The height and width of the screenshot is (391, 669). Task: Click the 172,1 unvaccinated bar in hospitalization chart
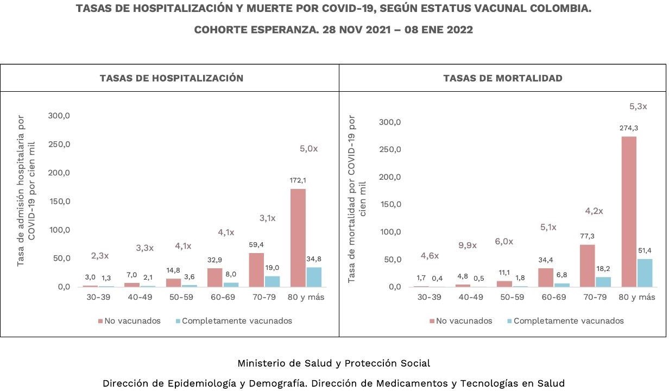pyautogui.click(x=298, y=237)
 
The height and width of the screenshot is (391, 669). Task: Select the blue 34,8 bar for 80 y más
pyautogui.click(x=314, y=277)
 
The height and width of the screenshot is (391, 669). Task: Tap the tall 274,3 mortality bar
pyautogui.click(x=628, y=211)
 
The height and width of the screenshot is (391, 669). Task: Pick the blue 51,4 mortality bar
pyautogui.click(x=645, y=273)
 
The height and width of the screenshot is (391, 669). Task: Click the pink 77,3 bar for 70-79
pyautogui.click(x=588, y=266)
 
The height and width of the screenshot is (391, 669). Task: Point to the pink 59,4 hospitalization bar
pyautogui.click(x=256, y=269)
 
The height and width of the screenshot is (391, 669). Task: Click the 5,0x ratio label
pyautogui.click(x=308, y=148)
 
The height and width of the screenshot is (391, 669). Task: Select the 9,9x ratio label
pyautogui.click(x=467, y=245)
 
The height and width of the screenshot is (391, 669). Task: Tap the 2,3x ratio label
pyautogui.click(x=99, y=255)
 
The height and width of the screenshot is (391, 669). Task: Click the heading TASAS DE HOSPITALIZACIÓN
pyautogui.click(x=171, y=78)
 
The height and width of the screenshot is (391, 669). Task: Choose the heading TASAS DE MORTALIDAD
pyautogui.click(x=503, y=78)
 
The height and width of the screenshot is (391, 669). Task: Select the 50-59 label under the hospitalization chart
pyautogui.click(x=182, y=297)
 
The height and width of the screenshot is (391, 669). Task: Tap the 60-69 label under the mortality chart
pyautogui.click(x=553, y=297)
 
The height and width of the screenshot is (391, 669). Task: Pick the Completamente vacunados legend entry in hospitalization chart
pyautogui.click(x=237, y=320)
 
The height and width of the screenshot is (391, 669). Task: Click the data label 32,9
pyautogui.click(x=215, y=260)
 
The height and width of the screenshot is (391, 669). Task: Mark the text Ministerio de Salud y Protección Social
pyautogui.click(x=333, y=363)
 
